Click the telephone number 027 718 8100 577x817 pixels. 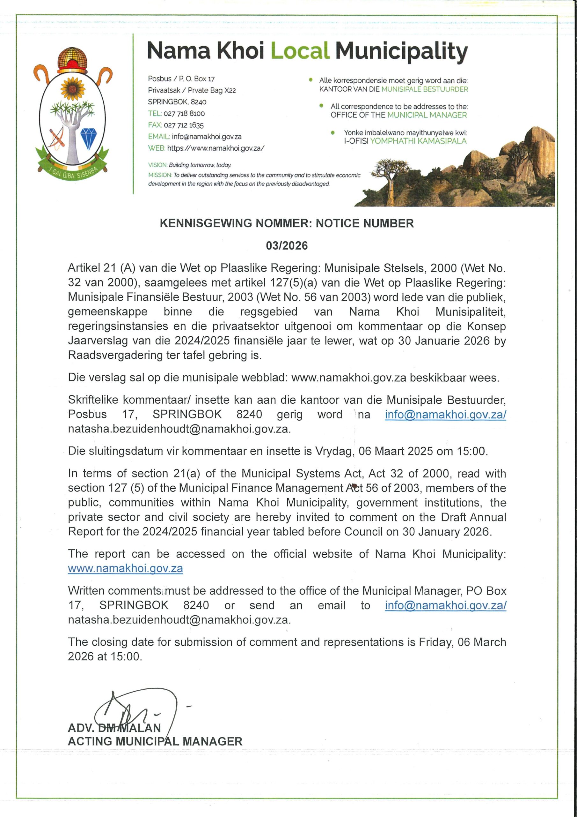click(x=184, y=114)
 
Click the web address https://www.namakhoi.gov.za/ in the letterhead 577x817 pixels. click(x=215, y=148)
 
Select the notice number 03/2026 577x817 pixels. click(x=287, y=245)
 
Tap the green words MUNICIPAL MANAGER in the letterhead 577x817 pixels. click(x=427, y=115)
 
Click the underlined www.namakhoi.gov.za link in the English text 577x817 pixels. click(x=125, y=568)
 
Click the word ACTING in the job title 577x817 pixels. click(x=90, y=741)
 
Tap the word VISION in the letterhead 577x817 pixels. click(x=157, y=165)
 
